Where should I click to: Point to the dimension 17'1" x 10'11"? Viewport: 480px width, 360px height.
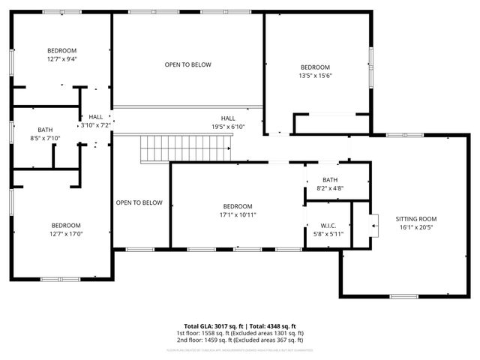(237, 214)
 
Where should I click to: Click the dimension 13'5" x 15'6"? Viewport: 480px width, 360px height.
(315, 75)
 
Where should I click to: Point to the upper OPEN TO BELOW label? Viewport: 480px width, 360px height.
(187, 64)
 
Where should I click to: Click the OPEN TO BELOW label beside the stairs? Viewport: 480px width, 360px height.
(139, 202)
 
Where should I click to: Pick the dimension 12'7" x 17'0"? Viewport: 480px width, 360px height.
(66, 234)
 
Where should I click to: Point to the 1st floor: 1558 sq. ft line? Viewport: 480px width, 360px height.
(239, 332)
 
